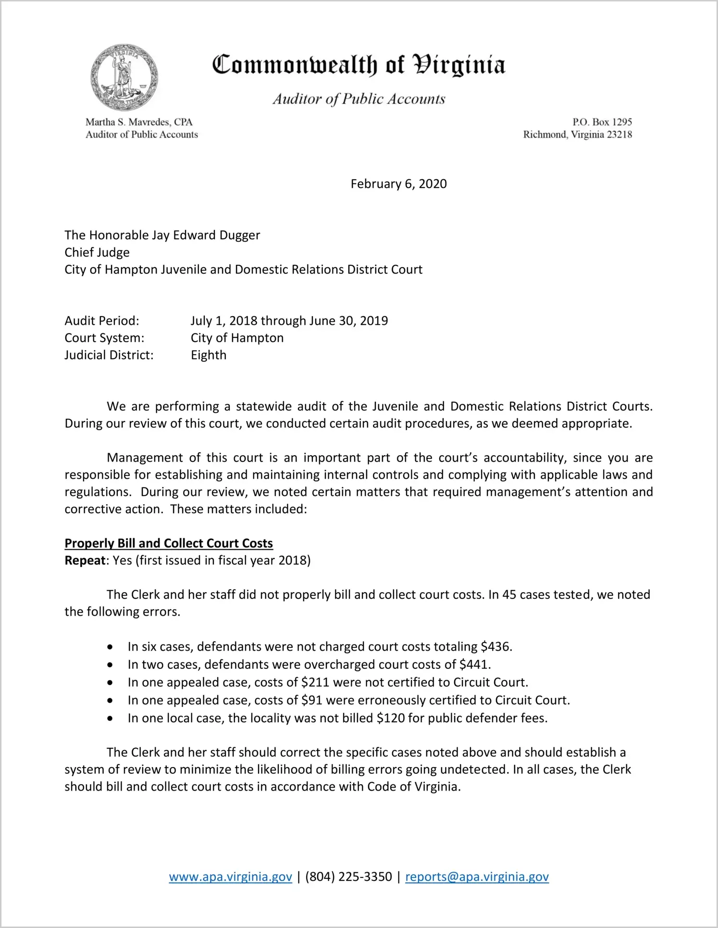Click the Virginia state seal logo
pyautogui.click(x=124, y=77)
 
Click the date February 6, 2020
pyautogui.click(x=398, y=184)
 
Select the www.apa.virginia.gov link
pyautogui.click(x=230, y=877)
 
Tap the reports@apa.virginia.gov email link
pyautogui.click(x=477, y=877)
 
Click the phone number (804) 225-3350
pyautogui.click(x=348, y=877)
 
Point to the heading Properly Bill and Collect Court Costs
pyautogui.click(x=169, y=544)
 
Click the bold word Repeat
pyautogui.click(x=85, y=561)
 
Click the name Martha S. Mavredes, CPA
pyautogui.click(x=139, y=122)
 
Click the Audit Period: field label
pyautogui.click(x=102, y=321)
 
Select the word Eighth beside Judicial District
pyautogui.click(x=209, y=355)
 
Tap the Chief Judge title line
pyautogui.click(x=97, y=252)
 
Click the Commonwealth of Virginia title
pyautogui.click(x=359, y=65)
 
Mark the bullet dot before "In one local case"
pyautogui.click(x=111, y=719)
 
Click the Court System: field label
pyautogui.click(x=104, y=338)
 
